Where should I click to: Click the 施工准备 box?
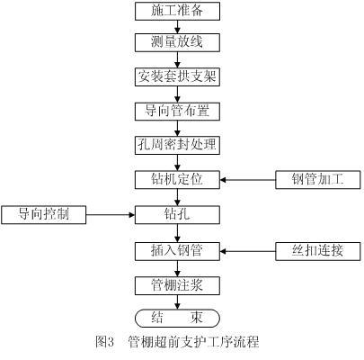177,12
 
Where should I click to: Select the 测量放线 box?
177,42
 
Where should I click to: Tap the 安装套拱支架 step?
177,76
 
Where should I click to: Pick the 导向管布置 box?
177,112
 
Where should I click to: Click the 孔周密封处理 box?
177,146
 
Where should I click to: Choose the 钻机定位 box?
177,180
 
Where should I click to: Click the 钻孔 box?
177,214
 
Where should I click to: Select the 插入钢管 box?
177,250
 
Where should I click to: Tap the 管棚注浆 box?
177,285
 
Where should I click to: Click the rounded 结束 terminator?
177,318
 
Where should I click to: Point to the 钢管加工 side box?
318,180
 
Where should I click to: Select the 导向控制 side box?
44,214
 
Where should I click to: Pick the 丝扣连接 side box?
318,250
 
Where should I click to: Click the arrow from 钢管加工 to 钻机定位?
248,180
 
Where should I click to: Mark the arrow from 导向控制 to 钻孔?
111,214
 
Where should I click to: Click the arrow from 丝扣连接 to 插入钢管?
248,251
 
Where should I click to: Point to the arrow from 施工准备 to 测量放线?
178,27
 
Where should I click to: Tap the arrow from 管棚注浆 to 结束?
178,301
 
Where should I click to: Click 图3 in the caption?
105,342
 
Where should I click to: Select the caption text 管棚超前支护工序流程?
193,342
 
